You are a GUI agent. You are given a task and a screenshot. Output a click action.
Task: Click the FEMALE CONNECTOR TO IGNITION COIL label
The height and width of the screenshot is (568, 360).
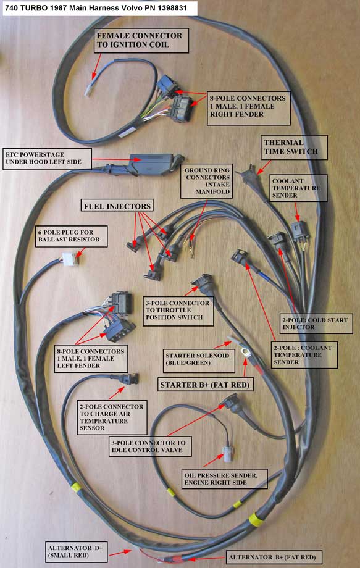(141, 40)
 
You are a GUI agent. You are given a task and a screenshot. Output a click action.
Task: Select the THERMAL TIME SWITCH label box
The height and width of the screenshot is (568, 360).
(294, 147)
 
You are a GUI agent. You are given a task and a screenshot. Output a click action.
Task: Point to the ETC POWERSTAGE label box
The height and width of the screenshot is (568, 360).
(47, 158)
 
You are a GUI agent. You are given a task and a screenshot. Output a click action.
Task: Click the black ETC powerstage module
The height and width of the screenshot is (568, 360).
(155, 164)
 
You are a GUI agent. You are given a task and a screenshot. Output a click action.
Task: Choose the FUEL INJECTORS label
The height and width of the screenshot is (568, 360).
(117, 206)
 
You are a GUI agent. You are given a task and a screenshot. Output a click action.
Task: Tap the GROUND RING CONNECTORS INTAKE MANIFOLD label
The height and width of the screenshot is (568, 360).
(206, 181)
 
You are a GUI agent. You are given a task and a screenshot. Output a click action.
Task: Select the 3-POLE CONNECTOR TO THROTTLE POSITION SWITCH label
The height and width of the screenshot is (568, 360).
(178, 311)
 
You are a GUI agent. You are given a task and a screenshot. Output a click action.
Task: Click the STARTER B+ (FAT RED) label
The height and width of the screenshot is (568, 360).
(205, 385)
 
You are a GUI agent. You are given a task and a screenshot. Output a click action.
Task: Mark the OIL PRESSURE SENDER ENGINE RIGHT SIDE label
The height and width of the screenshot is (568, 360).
(225, 478)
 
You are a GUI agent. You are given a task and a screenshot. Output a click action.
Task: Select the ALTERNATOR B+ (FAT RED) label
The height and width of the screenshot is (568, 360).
(272, 557)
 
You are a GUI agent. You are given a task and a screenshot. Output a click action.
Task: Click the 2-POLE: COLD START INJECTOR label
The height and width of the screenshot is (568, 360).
(316, 324)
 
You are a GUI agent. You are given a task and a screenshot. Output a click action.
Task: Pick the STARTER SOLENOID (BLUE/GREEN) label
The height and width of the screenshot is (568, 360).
(198, 359)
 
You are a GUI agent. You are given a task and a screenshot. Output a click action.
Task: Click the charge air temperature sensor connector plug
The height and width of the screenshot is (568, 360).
(125, 378)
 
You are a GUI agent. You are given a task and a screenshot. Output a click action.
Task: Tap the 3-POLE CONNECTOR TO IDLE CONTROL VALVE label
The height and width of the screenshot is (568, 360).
(150, 446)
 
